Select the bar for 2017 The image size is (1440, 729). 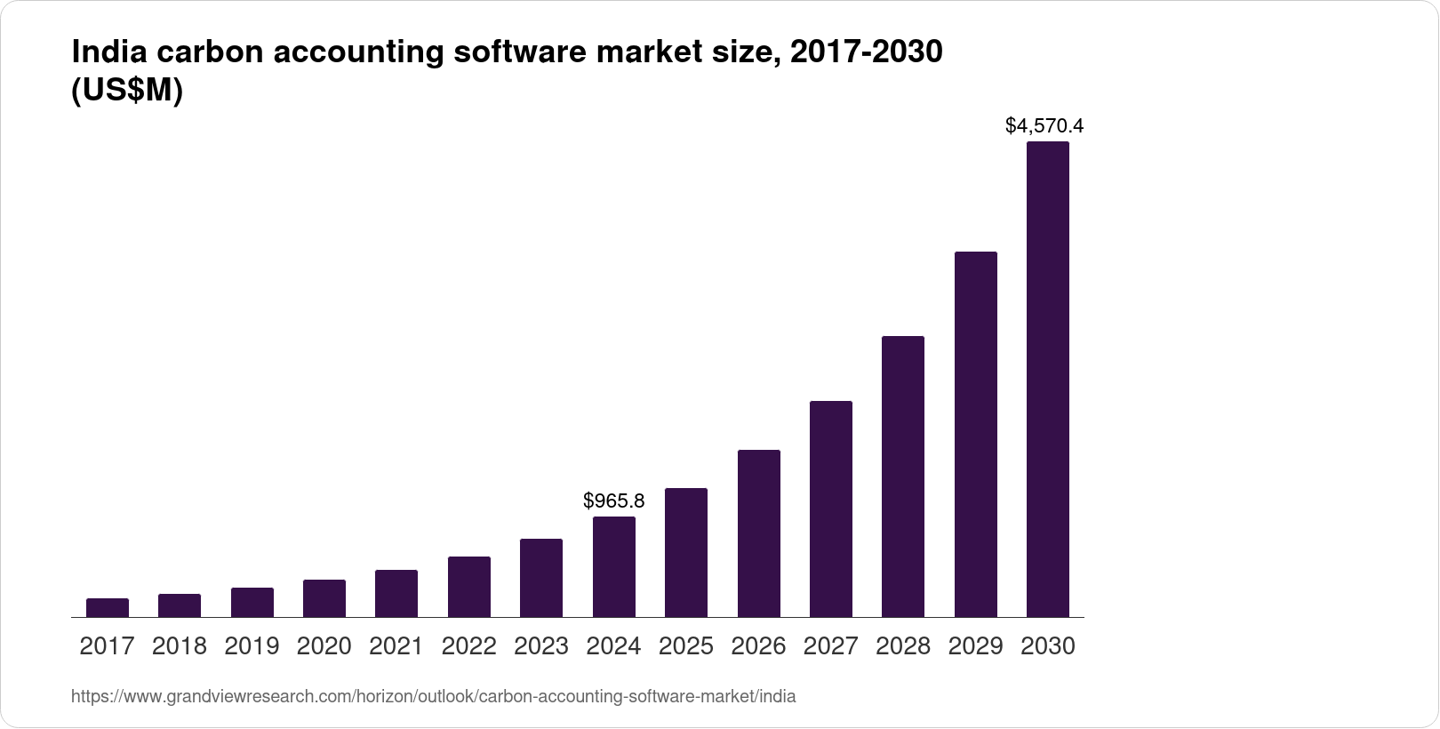107,608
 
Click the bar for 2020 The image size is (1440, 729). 324,598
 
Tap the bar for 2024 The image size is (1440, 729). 613,567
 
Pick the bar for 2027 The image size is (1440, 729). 831,509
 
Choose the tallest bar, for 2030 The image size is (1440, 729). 1048,380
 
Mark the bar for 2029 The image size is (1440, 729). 975,435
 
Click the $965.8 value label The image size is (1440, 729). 613,501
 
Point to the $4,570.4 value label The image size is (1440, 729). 1044,125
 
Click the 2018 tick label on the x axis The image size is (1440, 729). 180,646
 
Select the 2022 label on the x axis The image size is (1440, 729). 468,646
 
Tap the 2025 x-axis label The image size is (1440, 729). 686,646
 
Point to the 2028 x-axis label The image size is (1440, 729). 903,646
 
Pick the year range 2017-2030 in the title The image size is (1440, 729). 866,52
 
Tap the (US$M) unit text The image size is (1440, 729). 126,91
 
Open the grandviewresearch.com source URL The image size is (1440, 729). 433,697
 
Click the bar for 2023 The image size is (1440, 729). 541,578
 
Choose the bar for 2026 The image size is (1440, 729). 758,533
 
